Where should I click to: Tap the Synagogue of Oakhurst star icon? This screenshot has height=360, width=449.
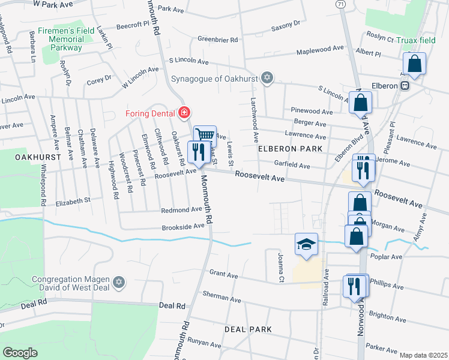(268, 78)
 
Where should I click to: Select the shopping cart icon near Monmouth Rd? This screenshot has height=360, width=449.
(205, 136)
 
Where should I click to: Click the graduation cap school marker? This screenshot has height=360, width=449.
(306, 244)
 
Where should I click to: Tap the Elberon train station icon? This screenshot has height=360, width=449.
(405, 85)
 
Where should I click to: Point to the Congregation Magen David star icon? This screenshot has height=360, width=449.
(119, 282)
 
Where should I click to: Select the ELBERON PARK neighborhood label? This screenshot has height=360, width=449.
(291, 148)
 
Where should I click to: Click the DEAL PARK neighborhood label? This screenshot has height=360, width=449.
(248, 329)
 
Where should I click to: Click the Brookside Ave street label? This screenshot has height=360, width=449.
(182, 227)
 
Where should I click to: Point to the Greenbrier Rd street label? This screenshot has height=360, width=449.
(217, 40)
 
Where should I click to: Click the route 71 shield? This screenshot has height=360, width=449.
(341, 4)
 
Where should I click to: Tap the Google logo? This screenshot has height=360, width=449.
(20, 353)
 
